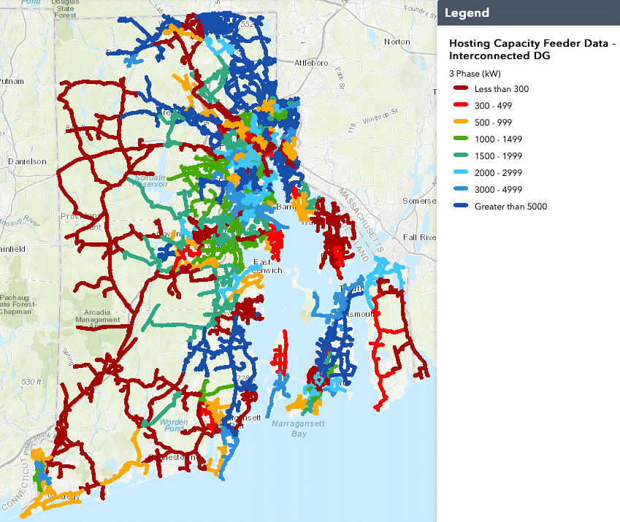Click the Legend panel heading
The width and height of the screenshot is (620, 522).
(467, 13)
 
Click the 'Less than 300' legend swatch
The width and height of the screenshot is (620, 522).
(460, 89)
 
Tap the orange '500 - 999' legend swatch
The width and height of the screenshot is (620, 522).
(460, 123)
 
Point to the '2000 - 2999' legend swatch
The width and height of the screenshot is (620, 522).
(460, 173)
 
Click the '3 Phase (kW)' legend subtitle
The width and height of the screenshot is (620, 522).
(474, 74)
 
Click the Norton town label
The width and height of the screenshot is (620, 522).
(397, 42)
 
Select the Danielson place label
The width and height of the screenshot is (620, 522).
(27, 161)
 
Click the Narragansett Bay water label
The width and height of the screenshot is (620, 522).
(297, 429)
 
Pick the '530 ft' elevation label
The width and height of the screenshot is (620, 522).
(32, 383)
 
